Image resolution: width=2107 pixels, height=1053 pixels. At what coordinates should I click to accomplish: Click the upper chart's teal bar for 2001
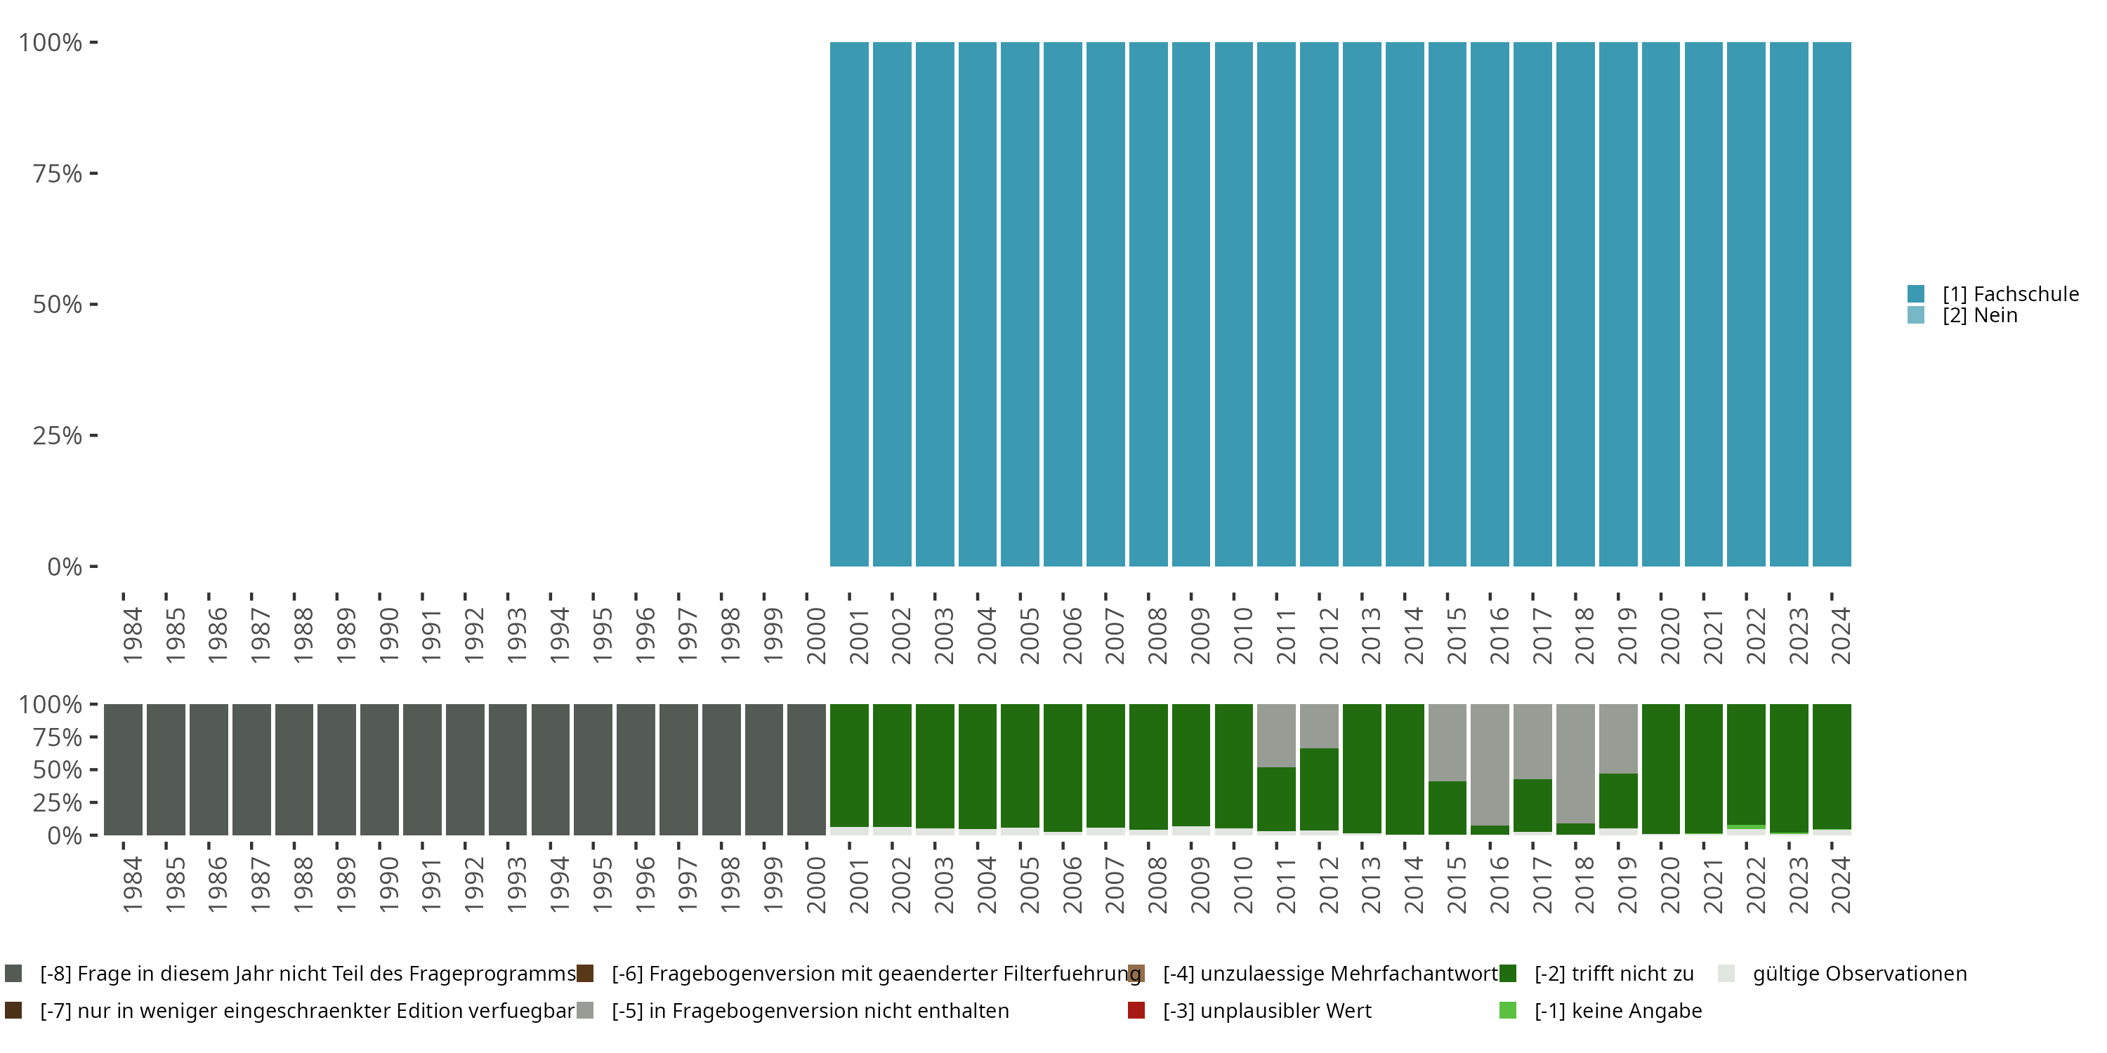pos(849,304)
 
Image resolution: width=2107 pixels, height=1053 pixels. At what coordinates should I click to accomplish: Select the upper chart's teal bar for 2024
pos(1832,304)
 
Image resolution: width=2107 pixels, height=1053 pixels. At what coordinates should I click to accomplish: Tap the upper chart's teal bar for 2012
pos(1318,304)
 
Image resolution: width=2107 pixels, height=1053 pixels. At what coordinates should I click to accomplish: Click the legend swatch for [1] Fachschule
pos(1915,293)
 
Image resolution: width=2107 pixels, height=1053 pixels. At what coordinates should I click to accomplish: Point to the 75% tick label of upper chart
pos(58,173)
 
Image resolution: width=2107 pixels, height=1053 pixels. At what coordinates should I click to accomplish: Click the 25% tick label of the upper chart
pos(58,436)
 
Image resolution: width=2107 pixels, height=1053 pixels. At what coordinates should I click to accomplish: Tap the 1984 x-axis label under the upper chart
pos(132,635)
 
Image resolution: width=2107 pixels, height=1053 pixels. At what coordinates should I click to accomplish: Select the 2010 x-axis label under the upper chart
pos(1242,635)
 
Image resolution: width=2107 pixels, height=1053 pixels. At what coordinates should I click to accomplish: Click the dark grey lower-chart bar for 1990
pos(379,769)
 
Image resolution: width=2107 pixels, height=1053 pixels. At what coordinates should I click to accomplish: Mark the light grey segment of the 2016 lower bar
pos(1490,764)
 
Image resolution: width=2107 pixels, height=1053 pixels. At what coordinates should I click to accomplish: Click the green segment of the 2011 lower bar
pos(1276,799)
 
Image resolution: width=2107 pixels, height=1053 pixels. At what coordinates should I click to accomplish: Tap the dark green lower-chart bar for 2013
pos(1362,769)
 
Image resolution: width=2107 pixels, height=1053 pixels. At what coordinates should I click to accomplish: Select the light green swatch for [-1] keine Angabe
pos(1507,1010)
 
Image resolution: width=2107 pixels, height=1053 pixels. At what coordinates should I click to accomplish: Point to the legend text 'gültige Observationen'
pos(1859,974)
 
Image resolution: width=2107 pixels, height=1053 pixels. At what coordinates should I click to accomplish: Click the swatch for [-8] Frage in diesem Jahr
pos(13,974)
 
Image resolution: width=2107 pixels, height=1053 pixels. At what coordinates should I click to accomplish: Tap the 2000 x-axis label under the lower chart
pos(815,885)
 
